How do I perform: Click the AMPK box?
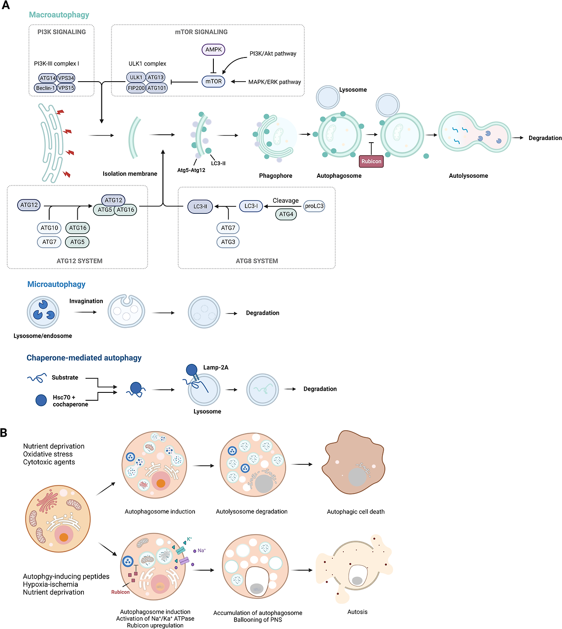tap(213, 50)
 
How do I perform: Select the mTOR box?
tap(213, 81)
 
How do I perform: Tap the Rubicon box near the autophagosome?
tap(371, 161)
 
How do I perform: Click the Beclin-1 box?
tap(46, 88)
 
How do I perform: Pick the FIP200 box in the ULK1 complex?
tap(136, 88)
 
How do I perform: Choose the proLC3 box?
tap(314, 206)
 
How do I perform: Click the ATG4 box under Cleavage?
tap(286, 214)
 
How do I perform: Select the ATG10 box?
tap(49, 228)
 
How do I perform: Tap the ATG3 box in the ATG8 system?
tap(228, 242)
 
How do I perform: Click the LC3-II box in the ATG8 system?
tap(200, 206)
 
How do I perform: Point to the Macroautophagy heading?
tap(59, 15)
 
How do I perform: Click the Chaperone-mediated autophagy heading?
tap(84, 358)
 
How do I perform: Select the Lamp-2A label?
tap(216, 367)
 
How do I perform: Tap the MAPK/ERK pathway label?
tap(274, 82)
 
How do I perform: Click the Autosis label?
tap(357, 612)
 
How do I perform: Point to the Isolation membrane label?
tap(130, 174)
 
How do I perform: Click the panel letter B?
tap(4, 433)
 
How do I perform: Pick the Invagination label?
tap(86, 301)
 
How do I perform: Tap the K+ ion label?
tap(189, 539)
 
